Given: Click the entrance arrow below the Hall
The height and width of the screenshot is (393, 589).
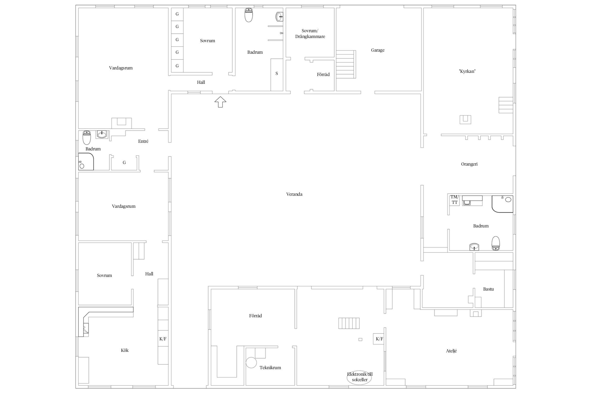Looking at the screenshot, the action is tap(220, 102).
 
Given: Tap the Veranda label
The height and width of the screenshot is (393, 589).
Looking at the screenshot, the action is tap(294, 194).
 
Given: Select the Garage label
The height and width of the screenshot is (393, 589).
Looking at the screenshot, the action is tap(378, 50).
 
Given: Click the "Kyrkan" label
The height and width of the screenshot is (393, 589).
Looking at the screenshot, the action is tap(467, 71).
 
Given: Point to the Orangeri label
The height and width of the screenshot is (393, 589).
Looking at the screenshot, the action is tap(469, 164).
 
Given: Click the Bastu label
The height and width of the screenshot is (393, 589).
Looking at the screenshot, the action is tap(488, 289).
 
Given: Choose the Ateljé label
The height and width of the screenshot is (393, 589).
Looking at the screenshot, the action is tap(452, 351).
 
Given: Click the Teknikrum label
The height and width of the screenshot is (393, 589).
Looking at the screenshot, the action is tap(270, 368).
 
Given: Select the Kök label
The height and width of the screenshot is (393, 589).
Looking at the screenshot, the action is tap(125, 350).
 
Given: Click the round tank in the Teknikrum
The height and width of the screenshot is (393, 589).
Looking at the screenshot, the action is tap(251, 363).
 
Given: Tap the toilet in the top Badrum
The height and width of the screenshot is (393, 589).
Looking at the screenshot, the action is tap(249, 15).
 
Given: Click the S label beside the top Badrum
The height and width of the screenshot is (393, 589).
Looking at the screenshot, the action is tap(277, 74).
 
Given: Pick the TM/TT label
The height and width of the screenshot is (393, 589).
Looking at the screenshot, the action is tap(455, 200).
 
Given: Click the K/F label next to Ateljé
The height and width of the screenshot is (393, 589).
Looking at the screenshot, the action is tap(380, 339).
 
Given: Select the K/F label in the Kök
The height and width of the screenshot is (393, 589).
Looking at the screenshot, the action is tap(163, 339).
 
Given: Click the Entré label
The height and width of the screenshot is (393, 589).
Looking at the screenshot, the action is tap(143, 141).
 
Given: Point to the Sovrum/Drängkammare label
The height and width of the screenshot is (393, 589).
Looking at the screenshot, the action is tap(310, 34).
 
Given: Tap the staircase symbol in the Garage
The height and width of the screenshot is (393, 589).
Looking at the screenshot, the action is tap(346, 64).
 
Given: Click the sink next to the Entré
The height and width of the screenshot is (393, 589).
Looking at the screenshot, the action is tap(102, 134).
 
